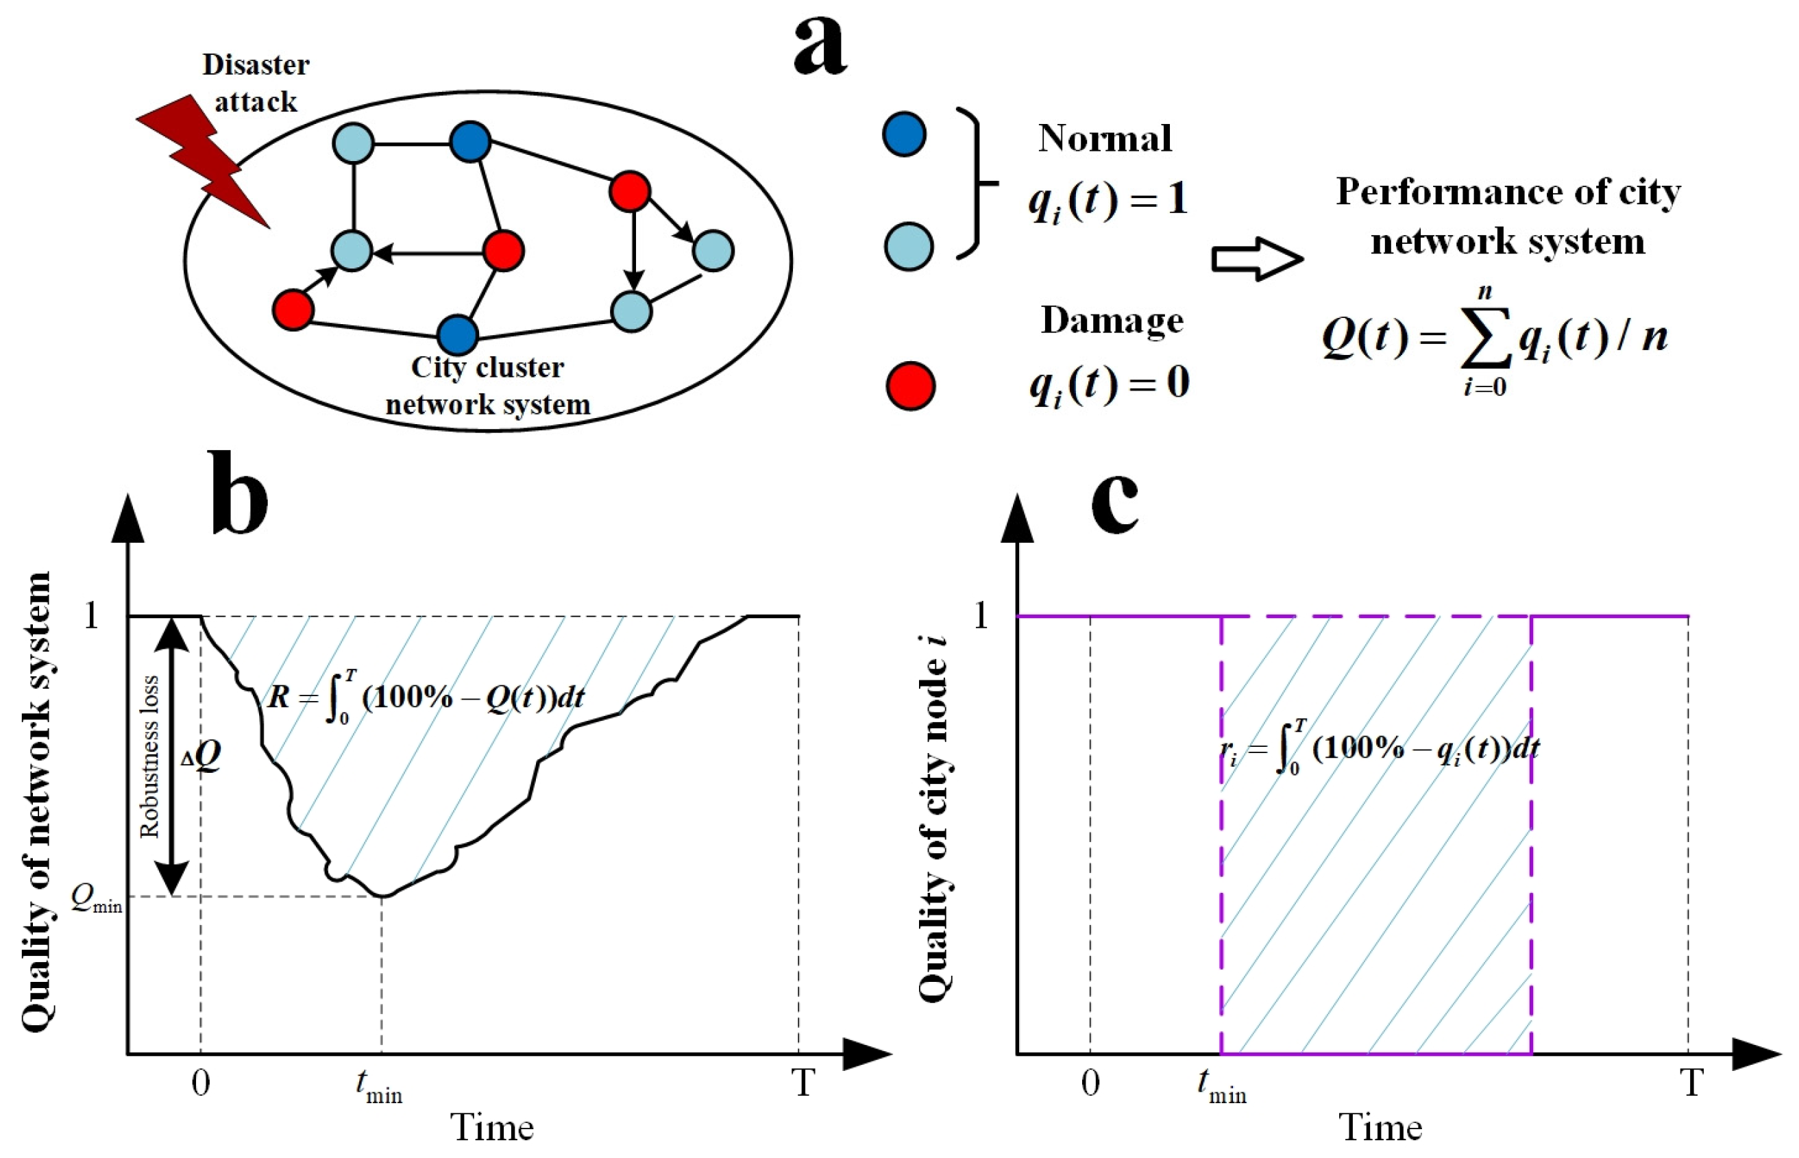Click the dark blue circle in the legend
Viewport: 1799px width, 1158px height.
[903, 134]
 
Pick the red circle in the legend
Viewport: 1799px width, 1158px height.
[910, 386]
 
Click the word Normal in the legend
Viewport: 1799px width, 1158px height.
[1104, 138]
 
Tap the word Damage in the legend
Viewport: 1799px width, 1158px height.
[1112, 321]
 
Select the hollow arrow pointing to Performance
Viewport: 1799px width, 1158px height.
[1256, 260]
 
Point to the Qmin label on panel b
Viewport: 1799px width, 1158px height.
[96, 898]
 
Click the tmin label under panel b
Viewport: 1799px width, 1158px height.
[378, 1086]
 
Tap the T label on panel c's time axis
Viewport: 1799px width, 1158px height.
[1691, 1083]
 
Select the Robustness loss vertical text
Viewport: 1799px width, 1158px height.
[150, 756]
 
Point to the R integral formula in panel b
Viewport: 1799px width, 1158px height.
[426, 697]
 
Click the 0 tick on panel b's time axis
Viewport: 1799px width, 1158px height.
[201, 1083]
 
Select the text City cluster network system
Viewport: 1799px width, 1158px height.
[487, 386]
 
